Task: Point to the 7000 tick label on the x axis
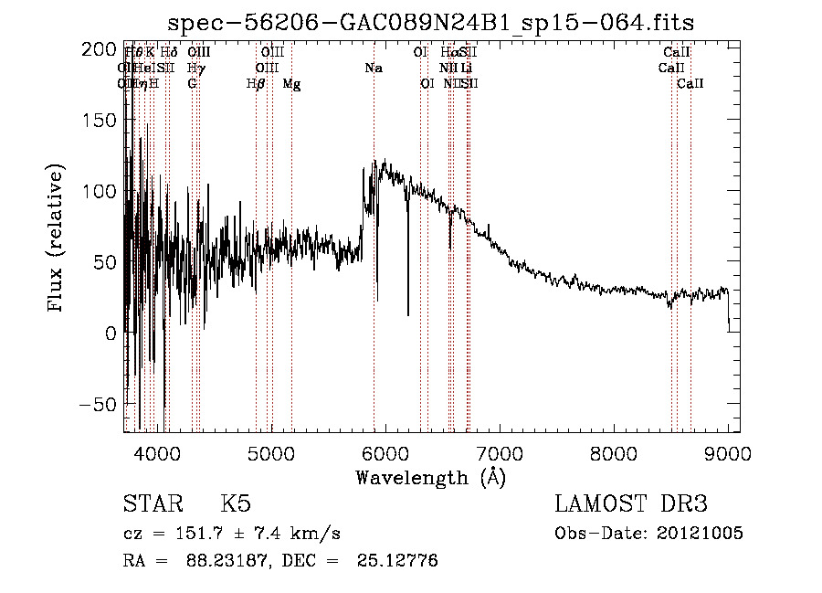click(500, 452)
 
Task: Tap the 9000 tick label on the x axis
click(728, 452)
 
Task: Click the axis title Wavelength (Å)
click(430, 477)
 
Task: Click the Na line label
click(373, 69)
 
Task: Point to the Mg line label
click(291, 84)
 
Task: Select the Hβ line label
click(256, 84)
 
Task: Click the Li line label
click(466, 69)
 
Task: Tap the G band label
click(192, 84)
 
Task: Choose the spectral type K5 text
click(236, 505)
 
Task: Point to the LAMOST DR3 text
click(631, 505)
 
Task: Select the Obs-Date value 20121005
click(701, 534)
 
